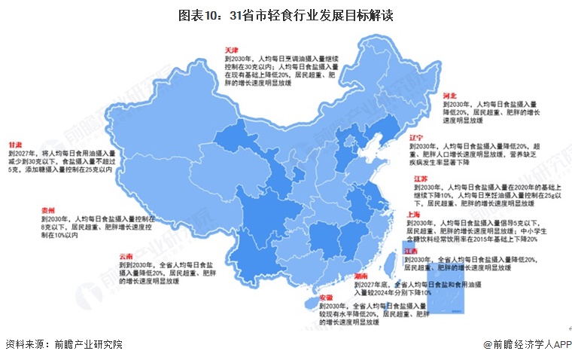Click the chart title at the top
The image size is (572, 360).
coord(286,15)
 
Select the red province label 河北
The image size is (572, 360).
coord(449,96)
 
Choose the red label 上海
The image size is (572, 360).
coord(412,214)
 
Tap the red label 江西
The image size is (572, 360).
coord(410,250)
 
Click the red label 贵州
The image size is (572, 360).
coord(49,210)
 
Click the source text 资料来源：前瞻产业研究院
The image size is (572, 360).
coord(63,344)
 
